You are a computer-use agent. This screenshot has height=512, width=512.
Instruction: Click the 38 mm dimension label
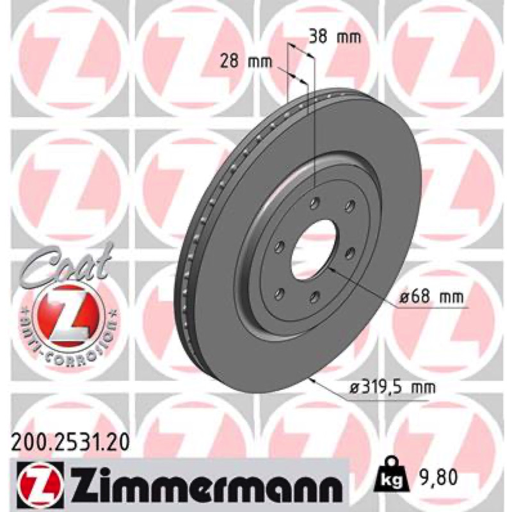[335, 37]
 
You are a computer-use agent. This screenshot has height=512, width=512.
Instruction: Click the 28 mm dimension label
[246, 61]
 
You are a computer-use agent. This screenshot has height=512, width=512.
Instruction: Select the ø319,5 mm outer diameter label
[392, 388]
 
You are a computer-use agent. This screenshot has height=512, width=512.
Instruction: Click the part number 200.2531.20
[70, 444]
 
